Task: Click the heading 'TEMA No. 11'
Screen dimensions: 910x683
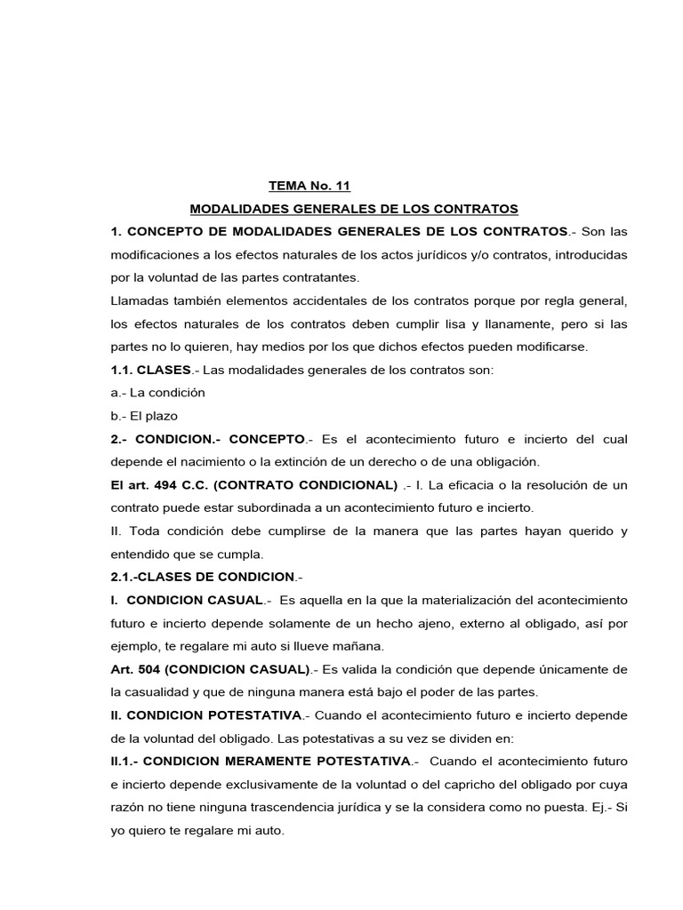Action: coord(309,186)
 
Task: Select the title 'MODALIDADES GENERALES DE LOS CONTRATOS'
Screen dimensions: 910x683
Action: coord(354,209)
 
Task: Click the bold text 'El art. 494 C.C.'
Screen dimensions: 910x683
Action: coord(157,485)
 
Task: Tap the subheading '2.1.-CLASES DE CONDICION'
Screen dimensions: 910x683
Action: coord(202,577)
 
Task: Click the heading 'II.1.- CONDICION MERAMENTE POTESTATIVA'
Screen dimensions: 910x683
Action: coord(261,762)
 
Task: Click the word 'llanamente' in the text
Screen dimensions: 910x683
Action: coord(503,323)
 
